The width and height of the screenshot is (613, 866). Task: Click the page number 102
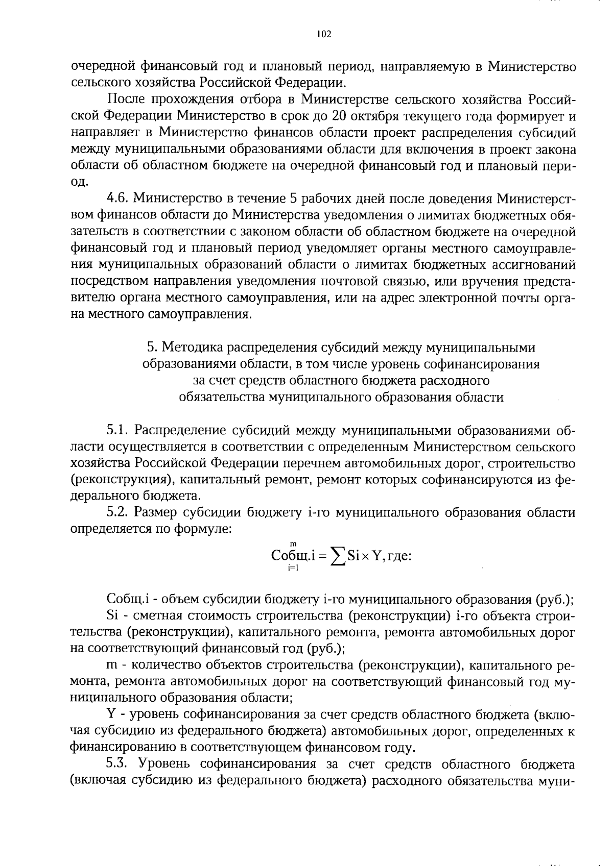(324, 34)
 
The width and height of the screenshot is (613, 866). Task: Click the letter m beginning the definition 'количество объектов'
(111, 666)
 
